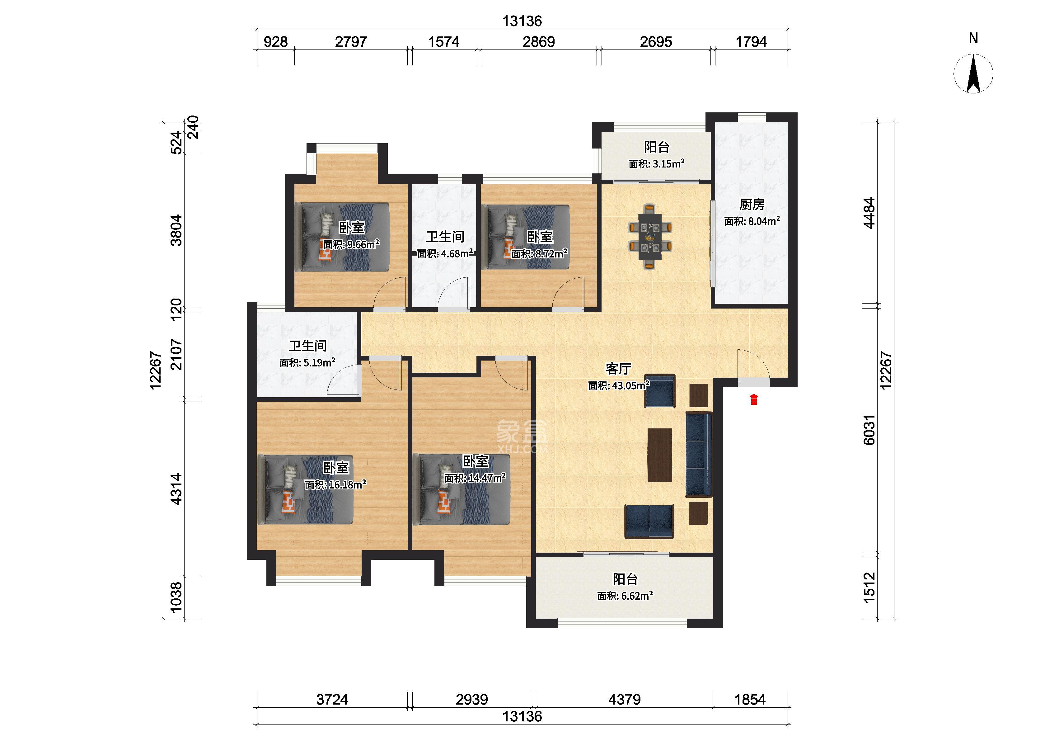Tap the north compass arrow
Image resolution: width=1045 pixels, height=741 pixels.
coord(973,73)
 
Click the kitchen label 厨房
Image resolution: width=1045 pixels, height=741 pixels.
coord(752,205)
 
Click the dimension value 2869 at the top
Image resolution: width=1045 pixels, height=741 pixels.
coord(538,42)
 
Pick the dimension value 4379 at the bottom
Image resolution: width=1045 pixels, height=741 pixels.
coord(624,700)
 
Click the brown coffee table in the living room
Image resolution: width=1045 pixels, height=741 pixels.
coord(660,455)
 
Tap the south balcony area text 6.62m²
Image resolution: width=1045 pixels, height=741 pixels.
coord(637,596)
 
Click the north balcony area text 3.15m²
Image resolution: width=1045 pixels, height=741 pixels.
coord(669,164)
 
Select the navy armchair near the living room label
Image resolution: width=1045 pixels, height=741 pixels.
coord(660,391)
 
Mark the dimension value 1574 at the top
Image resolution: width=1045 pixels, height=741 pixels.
coord(444,42)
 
